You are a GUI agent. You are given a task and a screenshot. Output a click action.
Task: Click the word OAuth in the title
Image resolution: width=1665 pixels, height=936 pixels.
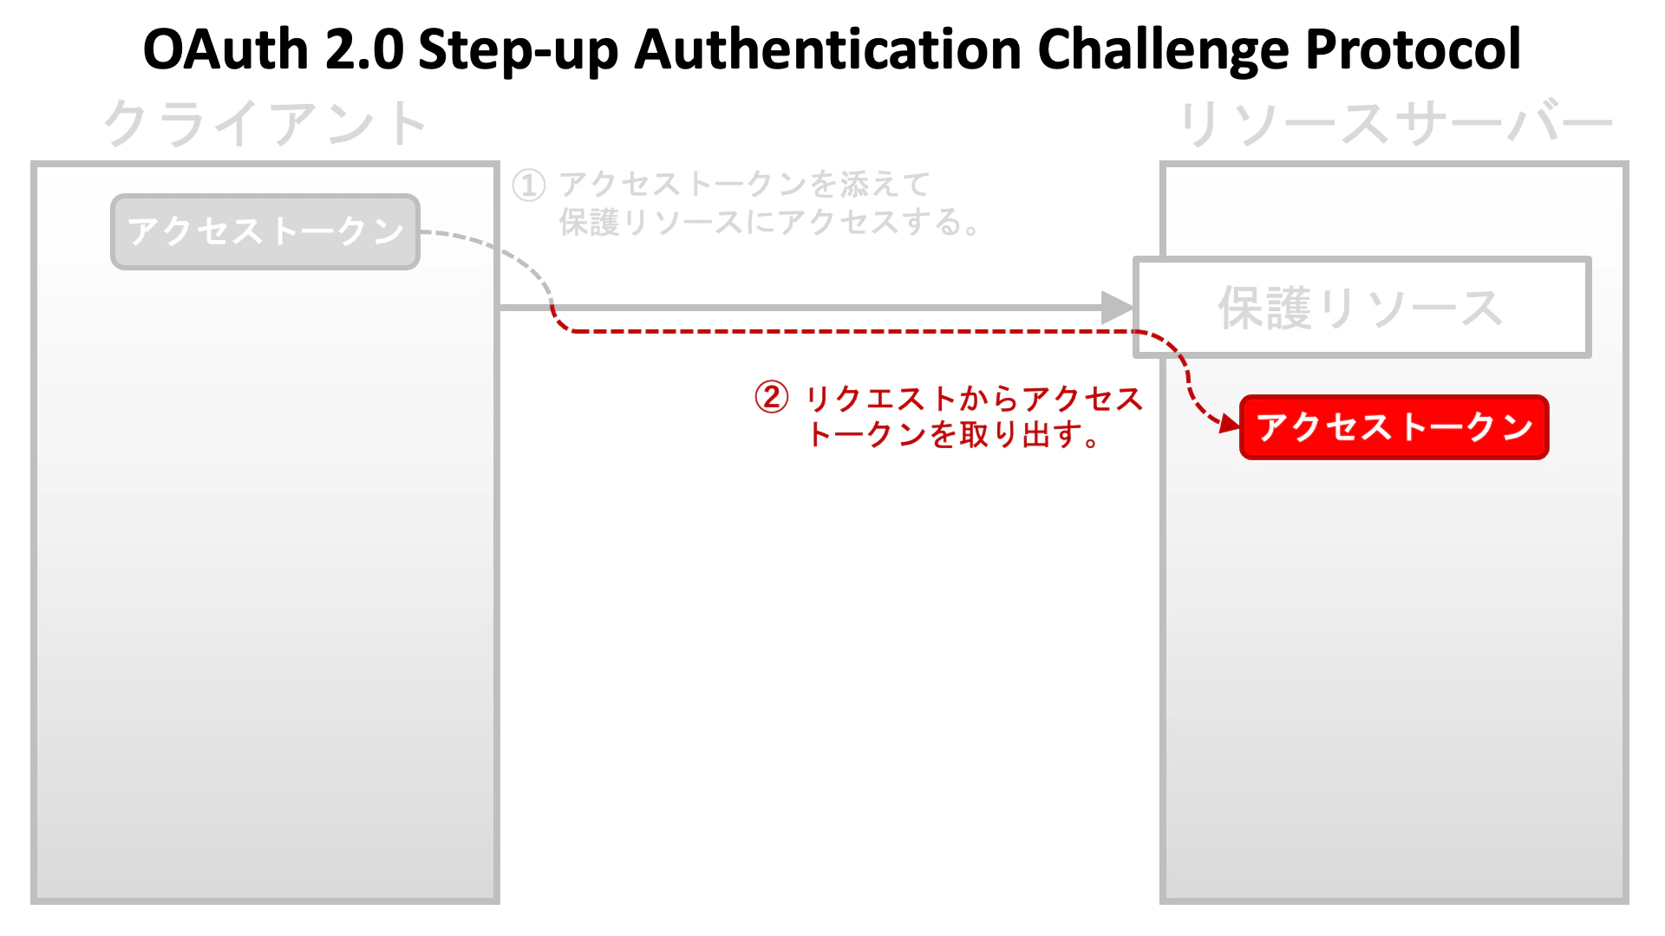[225, 49]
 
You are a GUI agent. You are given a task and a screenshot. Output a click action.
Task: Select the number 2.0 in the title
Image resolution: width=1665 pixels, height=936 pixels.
[365, 49]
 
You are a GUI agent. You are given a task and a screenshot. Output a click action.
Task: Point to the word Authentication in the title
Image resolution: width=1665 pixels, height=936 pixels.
[828, 49]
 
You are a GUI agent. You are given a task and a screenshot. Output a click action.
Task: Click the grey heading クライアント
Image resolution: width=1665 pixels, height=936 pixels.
[265, 123]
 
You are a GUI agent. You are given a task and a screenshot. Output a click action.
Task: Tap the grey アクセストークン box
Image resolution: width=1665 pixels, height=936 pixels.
[265, 231]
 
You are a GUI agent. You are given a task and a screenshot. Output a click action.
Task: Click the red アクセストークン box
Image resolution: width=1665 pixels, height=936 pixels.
[1394, 427]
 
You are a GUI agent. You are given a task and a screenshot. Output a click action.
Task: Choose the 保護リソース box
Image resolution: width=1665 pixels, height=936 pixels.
[1362, 308]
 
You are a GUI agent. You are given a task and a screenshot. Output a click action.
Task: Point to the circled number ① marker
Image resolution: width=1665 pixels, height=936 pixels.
[529, 185]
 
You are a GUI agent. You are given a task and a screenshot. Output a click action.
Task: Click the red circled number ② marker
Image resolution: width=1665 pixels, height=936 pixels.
[772, 398]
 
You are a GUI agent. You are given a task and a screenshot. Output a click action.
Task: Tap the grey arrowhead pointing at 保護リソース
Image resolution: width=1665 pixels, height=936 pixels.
[1118, 308]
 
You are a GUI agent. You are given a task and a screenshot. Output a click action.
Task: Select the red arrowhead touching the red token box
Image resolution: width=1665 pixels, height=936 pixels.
[1231, 424]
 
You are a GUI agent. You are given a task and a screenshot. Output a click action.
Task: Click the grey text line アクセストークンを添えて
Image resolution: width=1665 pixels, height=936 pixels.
[745, 185]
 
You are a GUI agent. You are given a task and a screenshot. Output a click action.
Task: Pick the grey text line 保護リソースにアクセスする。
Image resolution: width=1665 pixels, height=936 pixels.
[770, 223]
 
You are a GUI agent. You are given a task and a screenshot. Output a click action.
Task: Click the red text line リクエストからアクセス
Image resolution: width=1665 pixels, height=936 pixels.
[975, 399]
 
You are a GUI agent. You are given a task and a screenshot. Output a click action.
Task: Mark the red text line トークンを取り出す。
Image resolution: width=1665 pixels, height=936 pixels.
[953, 434]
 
